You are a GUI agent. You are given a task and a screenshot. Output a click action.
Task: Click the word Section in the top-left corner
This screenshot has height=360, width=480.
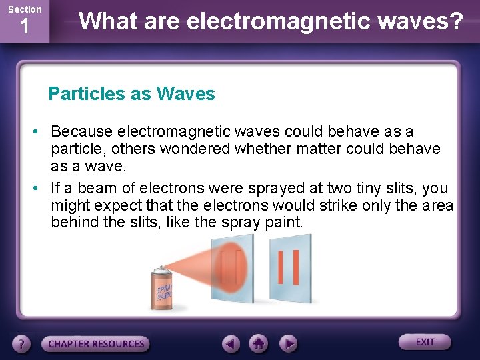[x=24, y=9]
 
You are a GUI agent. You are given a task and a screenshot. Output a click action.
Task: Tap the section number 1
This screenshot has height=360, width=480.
[x=24, y=27]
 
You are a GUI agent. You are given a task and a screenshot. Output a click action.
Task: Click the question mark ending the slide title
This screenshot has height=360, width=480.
[x=456, y=21]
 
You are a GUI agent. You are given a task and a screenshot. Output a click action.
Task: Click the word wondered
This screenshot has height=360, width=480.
[x=195, y=148]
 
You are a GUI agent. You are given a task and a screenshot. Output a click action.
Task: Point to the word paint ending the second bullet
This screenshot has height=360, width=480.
[x=282, y=222]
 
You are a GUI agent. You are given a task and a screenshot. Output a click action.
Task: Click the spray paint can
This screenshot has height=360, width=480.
[x=161, y=287]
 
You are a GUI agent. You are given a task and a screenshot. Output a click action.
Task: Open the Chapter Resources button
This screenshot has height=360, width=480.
[x=95, y=344]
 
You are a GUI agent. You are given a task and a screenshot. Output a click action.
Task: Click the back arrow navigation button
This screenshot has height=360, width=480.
[x=231, y=344]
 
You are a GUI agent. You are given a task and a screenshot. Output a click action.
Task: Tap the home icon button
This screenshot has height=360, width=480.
[x=259, y=344]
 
